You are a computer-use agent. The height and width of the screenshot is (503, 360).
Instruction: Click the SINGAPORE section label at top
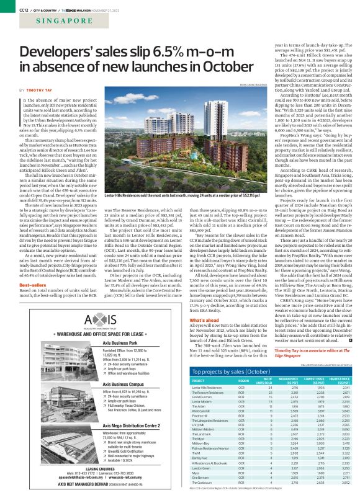point(38,20)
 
